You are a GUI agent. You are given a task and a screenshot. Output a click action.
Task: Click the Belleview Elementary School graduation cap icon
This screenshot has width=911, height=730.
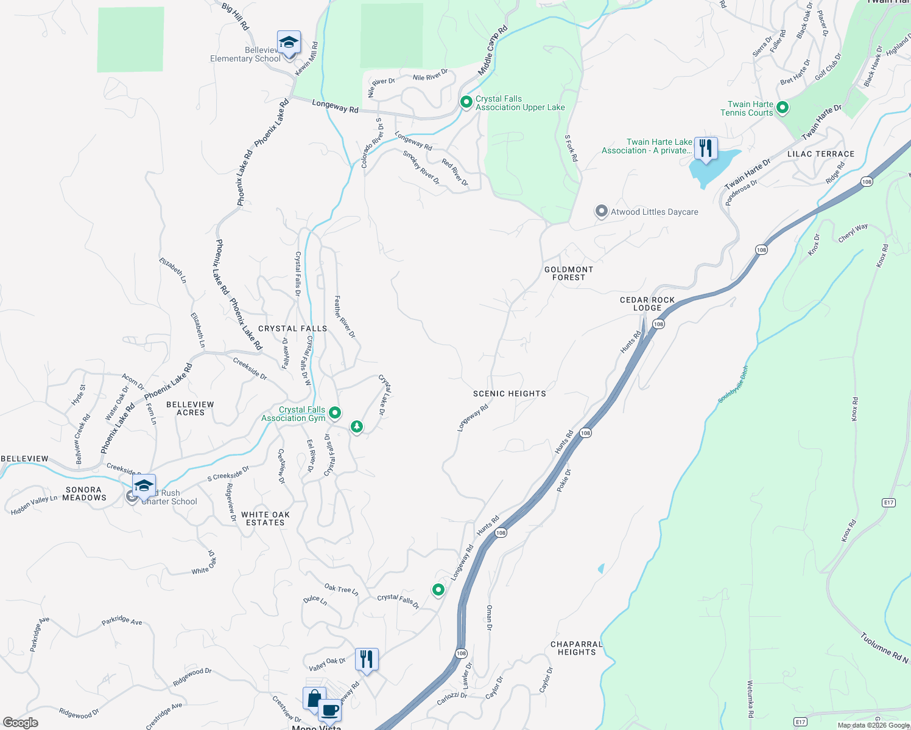[289, 43]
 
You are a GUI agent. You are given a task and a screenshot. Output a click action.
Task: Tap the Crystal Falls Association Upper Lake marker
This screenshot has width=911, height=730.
[466, 102]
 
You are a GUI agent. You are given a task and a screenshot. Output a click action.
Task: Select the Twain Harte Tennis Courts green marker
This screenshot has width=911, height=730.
[783, 108]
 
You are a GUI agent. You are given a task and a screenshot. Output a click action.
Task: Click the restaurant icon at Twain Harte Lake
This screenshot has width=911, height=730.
[706, 148]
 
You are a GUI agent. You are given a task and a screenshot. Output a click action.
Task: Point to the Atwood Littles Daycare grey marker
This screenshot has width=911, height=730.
[601, 212]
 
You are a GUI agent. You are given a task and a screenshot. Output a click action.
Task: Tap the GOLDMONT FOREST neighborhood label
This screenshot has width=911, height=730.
[568, 273]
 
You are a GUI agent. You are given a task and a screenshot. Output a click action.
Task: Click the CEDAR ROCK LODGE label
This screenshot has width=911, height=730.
[647, 304]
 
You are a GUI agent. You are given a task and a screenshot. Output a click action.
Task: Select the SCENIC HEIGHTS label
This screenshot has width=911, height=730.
[509, 394]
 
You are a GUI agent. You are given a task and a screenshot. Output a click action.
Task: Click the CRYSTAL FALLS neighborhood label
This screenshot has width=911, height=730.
[292, 328]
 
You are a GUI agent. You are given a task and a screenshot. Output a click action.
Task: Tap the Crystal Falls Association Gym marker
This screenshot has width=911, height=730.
[334, 414]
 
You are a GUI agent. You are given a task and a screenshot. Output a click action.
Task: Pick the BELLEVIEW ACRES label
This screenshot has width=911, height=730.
[190, 408]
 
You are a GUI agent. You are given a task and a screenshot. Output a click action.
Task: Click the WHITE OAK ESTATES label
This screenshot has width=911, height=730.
[266, 518]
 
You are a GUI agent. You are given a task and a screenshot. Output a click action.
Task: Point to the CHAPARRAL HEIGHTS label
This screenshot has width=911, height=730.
[576, 648]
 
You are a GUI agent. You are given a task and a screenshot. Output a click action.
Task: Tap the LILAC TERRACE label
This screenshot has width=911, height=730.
[820, 154]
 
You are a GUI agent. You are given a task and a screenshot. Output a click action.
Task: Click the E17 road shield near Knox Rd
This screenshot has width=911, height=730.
[888, 502]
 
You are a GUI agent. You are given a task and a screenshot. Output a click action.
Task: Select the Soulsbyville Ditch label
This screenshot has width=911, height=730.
[733, 384]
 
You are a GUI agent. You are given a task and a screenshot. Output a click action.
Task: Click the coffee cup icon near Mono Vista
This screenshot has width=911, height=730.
[329, 710]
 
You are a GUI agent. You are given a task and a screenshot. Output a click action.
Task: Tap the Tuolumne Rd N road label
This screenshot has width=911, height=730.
[884, 648]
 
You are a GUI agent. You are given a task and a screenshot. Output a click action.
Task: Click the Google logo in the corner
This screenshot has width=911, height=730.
[20, 722]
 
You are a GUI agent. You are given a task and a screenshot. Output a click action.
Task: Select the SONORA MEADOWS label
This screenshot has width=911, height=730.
[84, 493]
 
